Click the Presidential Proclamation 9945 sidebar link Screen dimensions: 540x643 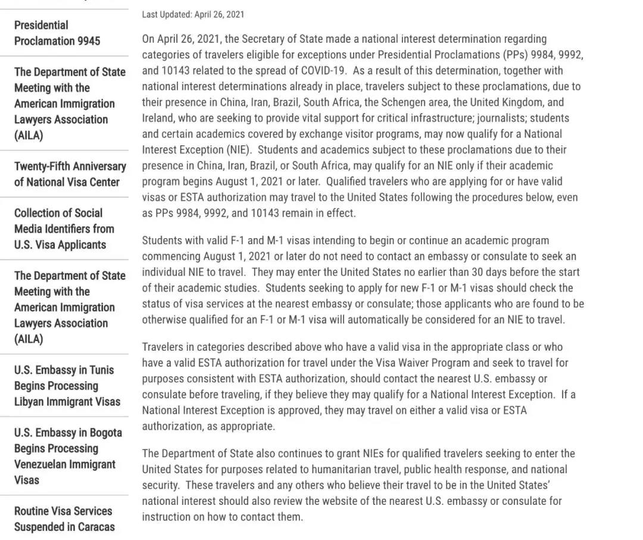pyautogui.click(x=57, y=33)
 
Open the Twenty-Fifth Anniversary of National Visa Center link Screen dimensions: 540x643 pyautogui.click(x=70, y=174)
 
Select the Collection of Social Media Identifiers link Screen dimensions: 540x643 pyautogui.click(x=60, y=229)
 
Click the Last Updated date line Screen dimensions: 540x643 pyautogui.click(x=193, y=14)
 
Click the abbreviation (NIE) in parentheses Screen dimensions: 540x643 pyautogui.click(x=239, y=150)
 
